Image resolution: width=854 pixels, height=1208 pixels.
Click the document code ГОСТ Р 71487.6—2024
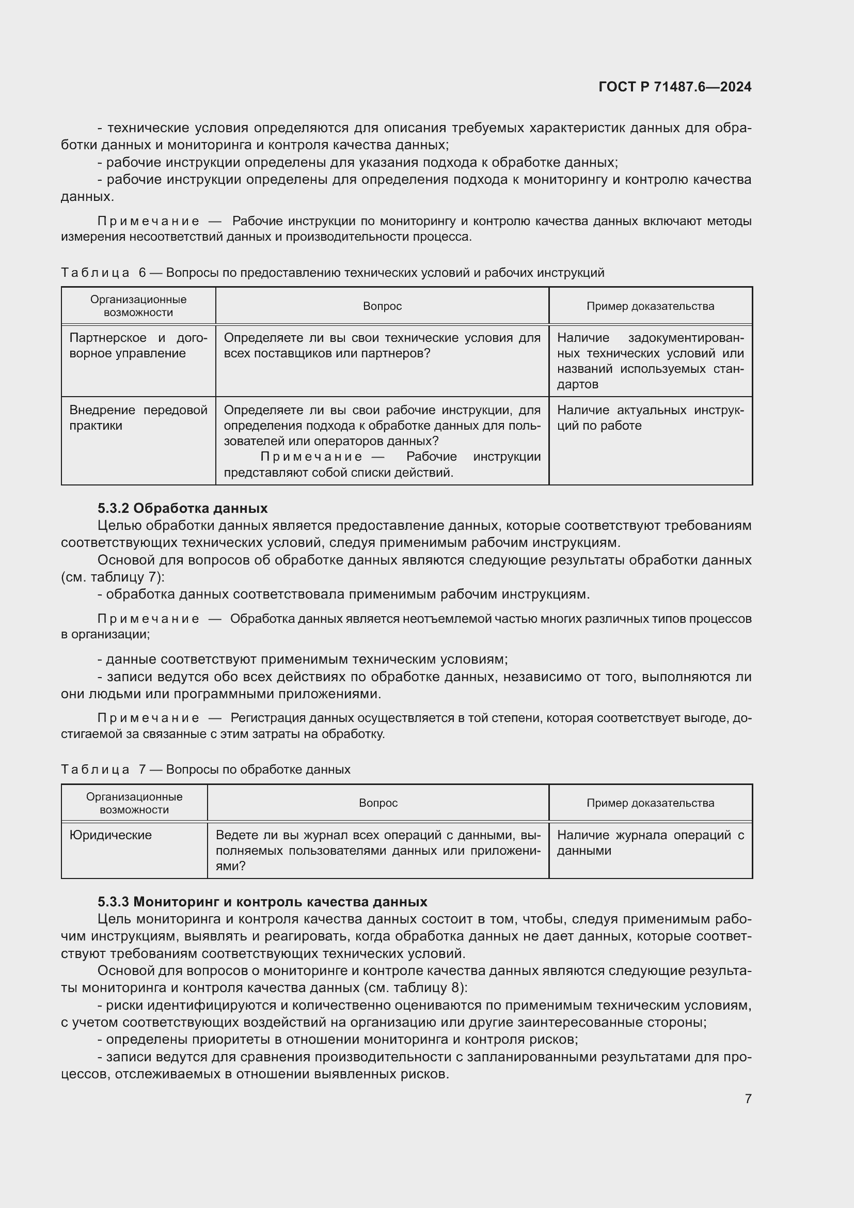coord(675,87)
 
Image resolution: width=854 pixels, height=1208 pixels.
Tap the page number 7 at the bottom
coord(748,1099)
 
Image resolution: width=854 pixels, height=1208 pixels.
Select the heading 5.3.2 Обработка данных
coord(182,508)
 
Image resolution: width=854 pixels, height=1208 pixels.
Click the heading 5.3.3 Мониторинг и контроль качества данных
coord(262,902)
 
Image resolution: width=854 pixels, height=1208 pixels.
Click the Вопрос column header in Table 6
coord(382,306)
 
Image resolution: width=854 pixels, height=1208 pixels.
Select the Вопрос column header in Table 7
coord(377,803)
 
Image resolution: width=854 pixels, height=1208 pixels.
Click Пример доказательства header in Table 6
coord(650,306)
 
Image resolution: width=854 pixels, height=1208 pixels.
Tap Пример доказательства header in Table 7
coord(650,803)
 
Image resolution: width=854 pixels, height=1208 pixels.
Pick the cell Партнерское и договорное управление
coord(138,346)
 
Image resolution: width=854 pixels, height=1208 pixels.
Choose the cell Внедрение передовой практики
coord(138,418)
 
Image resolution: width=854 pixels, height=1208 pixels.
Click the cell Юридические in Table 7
coord(110,835)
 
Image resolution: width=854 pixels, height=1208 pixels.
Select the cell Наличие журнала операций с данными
coord(650,843)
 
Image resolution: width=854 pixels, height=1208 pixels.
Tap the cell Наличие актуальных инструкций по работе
coord(650,418)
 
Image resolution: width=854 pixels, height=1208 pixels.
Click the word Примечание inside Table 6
coord(311,457)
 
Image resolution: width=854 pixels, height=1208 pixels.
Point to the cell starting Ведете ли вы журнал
coord(377,850)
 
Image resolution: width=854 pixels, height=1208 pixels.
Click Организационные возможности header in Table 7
coord(134,803)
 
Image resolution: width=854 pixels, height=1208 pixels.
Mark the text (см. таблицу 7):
coord(113,577)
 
